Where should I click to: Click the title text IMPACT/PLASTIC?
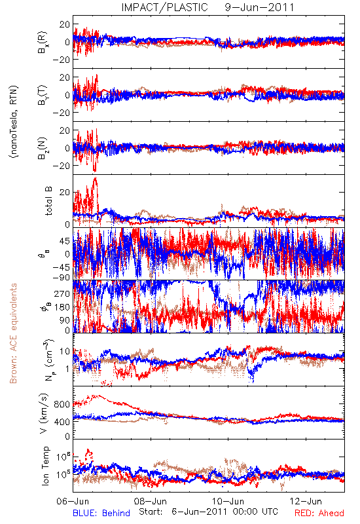165,7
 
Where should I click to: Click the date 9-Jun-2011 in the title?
259,7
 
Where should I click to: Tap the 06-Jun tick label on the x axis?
73,501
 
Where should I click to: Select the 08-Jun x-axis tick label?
151,501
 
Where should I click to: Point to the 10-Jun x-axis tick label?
228,501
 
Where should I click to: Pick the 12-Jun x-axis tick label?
306,501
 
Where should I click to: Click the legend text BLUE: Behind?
101,513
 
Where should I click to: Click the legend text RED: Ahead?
319,513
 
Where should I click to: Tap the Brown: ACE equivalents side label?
13,333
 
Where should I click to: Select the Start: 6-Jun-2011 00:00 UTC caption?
208,512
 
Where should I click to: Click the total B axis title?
48,201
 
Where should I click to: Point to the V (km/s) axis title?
44,413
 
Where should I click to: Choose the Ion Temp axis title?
46,466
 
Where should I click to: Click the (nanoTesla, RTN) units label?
14,122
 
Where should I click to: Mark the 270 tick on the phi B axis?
62,293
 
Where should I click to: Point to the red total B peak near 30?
95,178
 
